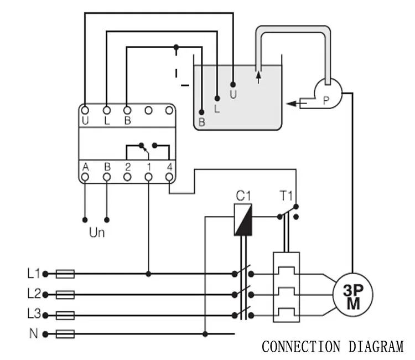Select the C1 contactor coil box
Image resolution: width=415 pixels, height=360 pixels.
pos(243,219)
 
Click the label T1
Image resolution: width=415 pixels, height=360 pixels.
pos(286,196)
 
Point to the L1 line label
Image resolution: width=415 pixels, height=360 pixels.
pos(34,274)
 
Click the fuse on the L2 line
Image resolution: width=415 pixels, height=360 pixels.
pos(65,295)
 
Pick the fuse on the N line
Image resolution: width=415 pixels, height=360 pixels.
pos(65,334)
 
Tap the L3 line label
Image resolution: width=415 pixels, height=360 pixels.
pos(34,313)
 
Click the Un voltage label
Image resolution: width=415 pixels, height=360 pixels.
pos(97,233)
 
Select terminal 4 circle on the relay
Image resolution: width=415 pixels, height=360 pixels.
pos(169,177)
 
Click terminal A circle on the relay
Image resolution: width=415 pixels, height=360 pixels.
pos(85,177)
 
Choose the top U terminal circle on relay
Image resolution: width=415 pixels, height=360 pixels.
pos(85,110)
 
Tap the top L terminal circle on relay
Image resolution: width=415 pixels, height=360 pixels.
pos(107,110)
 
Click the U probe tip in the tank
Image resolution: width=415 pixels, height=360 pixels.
pos(233,85)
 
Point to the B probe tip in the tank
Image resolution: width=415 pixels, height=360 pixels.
pos(201,112)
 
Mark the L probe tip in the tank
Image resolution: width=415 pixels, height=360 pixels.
pos(217,98)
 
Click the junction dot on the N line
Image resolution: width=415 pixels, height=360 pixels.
pos(205,334)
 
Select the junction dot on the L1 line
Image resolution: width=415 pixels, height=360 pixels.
pos(148,274)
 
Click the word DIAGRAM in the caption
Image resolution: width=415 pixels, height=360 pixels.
pos(376,347)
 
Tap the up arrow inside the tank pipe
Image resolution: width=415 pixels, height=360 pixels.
pos(258,78)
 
